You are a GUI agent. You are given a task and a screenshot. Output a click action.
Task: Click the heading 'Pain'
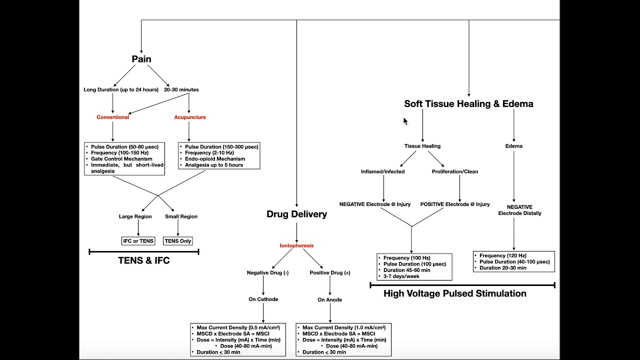(x=141, y=59)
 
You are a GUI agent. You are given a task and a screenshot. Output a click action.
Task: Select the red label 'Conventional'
(x=112, y=117)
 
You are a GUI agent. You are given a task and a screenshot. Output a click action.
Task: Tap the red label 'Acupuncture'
(x=189, y=117)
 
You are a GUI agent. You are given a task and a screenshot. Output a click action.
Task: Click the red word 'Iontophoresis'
(x=296, y=246)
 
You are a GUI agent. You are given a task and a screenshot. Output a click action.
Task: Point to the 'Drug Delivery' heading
(x=296, y=214)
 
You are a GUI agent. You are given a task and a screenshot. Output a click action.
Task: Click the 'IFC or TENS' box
(x=138, y=241)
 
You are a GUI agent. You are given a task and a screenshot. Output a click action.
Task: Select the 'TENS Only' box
(x=178, y=241)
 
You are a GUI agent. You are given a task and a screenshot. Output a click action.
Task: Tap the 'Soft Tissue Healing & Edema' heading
(x=468, y=104)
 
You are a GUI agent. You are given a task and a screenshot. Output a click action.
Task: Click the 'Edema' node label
(x=513, y=146)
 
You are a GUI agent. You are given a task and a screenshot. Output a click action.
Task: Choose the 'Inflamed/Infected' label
(x=383, y=171)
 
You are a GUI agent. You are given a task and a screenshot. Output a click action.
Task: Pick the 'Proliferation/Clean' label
(x=455, y=171)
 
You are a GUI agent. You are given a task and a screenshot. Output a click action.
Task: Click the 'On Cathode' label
(x=263, y=299)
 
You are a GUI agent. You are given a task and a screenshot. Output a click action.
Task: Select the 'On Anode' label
(x=330, y=300)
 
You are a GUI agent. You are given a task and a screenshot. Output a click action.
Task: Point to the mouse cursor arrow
(x=405, y=121)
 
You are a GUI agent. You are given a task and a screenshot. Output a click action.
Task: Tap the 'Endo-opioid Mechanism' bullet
(x=215, y=159)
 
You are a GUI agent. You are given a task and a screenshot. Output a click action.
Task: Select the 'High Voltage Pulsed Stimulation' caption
(x=454, y=293)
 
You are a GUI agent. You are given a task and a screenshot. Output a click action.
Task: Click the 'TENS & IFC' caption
(x=144, y=260)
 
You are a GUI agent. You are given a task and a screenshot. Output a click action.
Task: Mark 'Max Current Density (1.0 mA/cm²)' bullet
(x=343, y=327)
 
